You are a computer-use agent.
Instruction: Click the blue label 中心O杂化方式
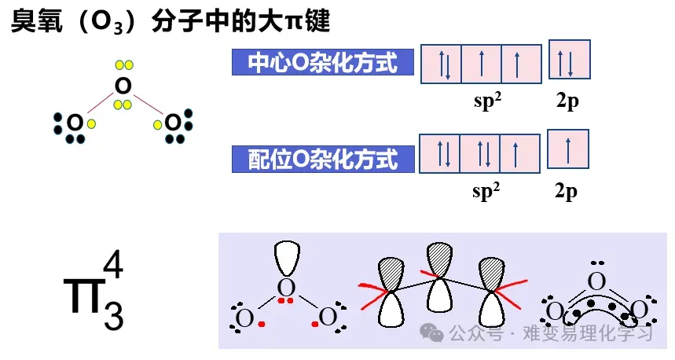click(323, 63)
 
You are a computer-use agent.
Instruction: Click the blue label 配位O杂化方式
click(323, 160)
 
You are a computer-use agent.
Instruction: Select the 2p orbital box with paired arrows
click(568, 62)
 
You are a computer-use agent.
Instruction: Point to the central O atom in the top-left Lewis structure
click(122, 85)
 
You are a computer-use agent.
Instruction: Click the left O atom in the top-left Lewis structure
click(75, 123)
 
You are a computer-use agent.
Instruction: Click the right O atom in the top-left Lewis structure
click(171, 123)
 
